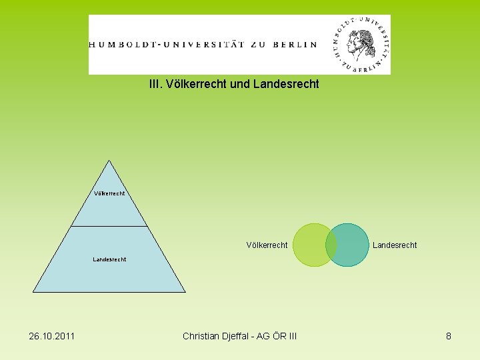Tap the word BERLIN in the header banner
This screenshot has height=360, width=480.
294,45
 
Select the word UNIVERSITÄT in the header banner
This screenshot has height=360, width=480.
203,45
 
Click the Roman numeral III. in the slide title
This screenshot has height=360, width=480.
155,85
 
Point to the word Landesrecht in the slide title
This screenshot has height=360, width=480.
287,85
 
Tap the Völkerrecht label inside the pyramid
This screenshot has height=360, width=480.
109,194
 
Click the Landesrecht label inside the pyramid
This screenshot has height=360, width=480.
109,259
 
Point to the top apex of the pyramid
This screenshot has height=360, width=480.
109,161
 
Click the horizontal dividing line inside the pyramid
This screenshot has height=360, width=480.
109,226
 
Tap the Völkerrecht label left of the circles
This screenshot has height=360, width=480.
267,245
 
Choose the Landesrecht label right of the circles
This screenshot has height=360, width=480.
395,245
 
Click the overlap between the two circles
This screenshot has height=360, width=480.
331,245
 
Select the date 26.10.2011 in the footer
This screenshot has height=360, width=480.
52,336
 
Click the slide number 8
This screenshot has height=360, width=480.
449,336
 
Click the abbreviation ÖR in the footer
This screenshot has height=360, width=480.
279,336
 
